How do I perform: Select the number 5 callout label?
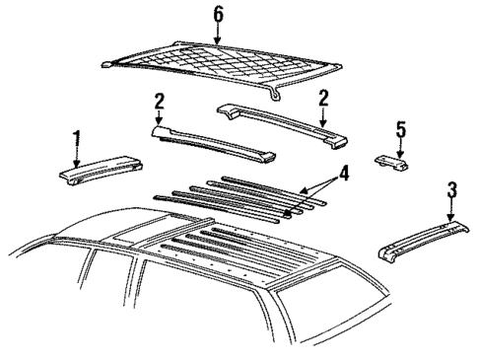(400, 128)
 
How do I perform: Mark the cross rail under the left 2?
(207, 144)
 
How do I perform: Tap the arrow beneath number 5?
(399, 146)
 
